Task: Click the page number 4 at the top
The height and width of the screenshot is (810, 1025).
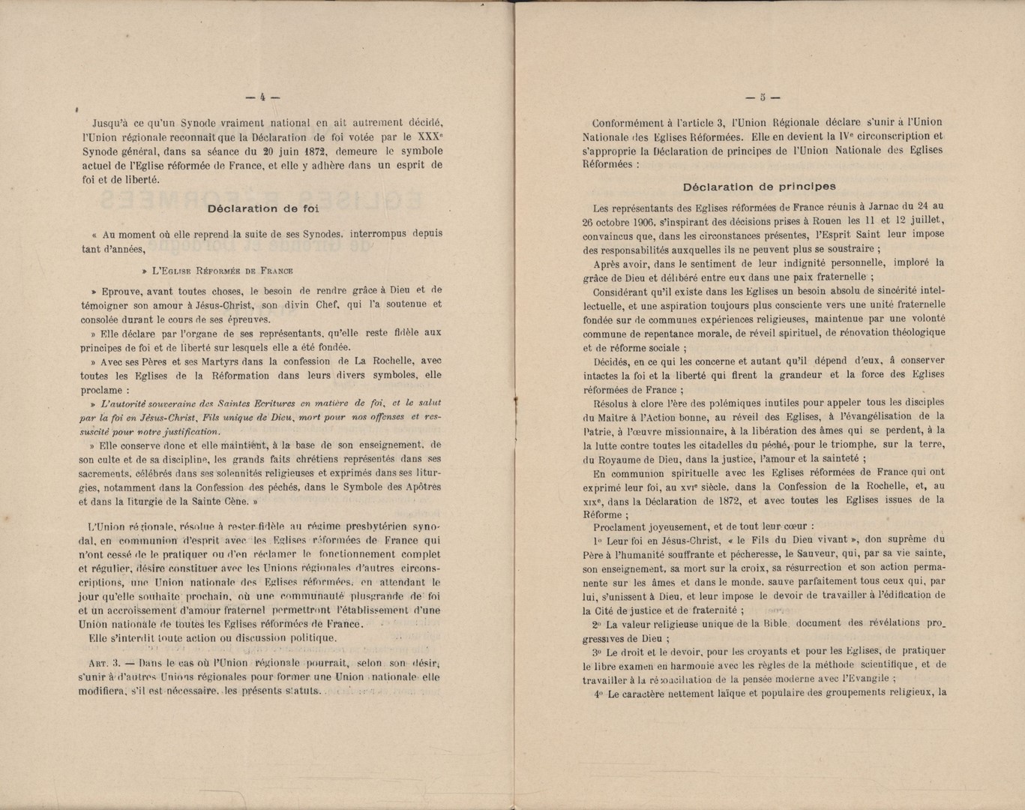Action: (263, 97)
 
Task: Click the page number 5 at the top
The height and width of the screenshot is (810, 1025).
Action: (763, 97)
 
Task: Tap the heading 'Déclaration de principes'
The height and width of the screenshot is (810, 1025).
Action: (760, 187)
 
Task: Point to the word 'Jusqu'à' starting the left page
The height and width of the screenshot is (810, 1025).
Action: (112, 123)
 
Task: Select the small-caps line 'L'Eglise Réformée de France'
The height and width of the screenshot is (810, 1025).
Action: (222, 271)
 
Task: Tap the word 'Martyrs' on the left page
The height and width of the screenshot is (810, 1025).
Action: (188, 361)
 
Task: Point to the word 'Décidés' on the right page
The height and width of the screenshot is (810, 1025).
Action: (613, 361)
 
